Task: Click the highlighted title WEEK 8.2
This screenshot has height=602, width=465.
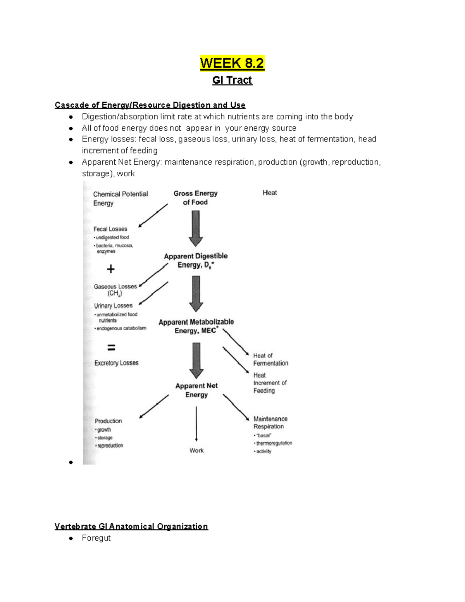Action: (x=232, y=63)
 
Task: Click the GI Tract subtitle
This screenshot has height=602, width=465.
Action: (x=232, y=80)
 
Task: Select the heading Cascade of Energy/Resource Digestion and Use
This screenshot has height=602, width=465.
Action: (x=150, y=105)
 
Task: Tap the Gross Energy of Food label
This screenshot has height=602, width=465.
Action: (x=195, y=198)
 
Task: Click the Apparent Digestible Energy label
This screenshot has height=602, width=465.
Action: (x=196, y=260)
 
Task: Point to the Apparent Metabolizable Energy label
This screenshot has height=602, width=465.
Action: (x=196, y=326)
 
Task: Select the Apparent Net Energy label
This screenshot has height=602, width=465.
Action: (x=196, y=390)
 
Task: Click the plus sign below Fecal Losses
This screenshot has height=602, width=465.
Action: (x=111, y=269)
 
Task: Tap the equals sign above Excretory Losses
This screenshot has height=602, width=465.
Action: (x=111, y=347)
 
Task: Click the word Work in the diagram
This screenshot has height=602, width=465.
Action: (x=196, y=450)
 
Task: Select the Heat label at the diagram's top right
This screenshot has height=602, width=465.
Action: (x=270, y=193)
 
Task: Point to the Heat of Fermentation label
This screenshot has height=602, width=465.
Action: (x=270, y=359)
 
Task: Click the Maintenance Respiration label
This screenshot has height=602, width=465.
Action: (x=270, y=423)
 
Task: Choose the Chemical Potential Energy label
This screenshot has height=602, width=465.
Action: (x=120, y=198)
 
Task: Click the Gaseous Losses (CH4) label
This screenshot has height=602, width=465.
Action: (x=115, y=290)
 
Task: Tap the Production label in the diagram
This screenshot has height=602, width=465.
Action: (x=108, y=421)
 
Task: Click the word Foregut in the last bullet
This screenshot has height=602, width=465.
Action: (x=96, y=538)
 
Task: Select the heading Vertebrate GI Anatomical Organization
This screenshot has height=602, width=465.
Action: (x=131, y=526)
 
